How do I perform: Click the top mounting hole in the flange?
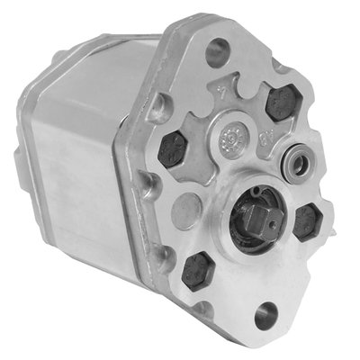click(x=216, y=51)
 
